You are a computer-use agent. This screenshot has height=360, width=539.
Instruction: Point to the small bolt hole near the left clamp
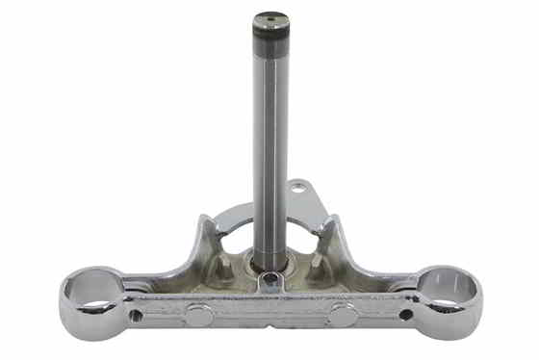tap(137, 314)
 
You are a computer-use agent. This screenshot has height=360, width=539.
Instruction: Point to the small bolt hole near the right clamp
tap(406, 314)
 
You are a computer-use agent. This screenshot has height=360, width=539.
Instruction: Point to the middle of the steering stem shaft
tap(271, 144)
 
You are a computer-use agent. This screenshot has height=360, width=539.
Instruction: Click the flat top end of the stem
tap(271, 19)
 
